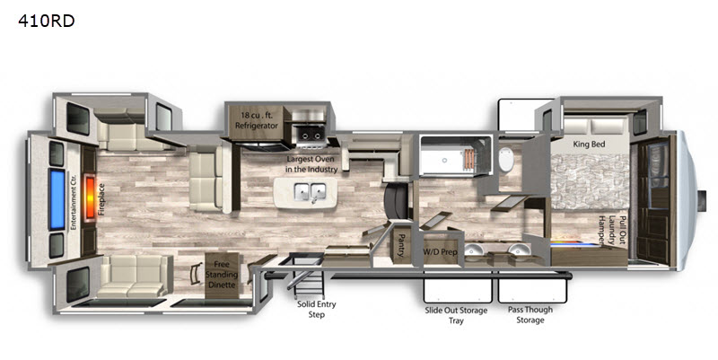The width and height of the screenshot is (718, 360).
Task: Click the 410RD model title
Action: coord(47,21)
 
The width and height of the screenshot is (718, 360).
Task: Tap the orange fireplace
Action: coord(91,198)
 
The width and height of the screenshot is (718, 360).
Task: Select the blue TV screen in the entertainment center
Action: coord(57,198)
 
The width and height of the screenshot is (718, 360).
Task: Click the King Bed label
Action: coord(590,145)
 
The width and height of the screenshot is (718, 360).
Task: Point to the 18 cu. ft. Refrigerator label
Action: coord(257,120)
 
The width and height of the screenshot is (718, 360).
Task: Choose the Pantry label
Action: coord(401,245)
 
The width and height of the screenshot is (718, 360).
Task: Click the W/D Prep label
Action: coord(440,252)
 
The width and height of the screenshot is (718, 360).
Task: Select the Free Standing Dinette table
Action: coord(222,275)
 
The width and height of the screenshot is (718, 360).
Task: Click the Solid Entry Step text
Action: coord(317,309)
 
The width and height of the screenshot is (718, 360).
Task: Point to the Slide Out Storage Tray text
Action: coord(456,316)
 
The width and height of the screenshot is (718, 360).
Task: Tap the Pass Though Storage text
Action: coord(530,314)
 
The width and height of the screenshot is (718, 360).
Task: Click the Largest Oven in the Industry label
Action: coord(311,164)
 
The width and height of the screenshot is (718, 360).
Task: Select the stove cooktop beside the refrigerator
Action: coord(311,134)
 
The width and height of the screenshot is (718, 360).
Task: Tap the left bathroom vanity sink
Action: coord(475,251)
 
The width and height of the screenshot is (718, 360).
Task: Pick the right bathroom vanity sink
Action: coord(520,250)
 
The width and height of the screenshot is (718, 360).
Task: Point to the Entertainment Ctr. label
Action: coord(73,202)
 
